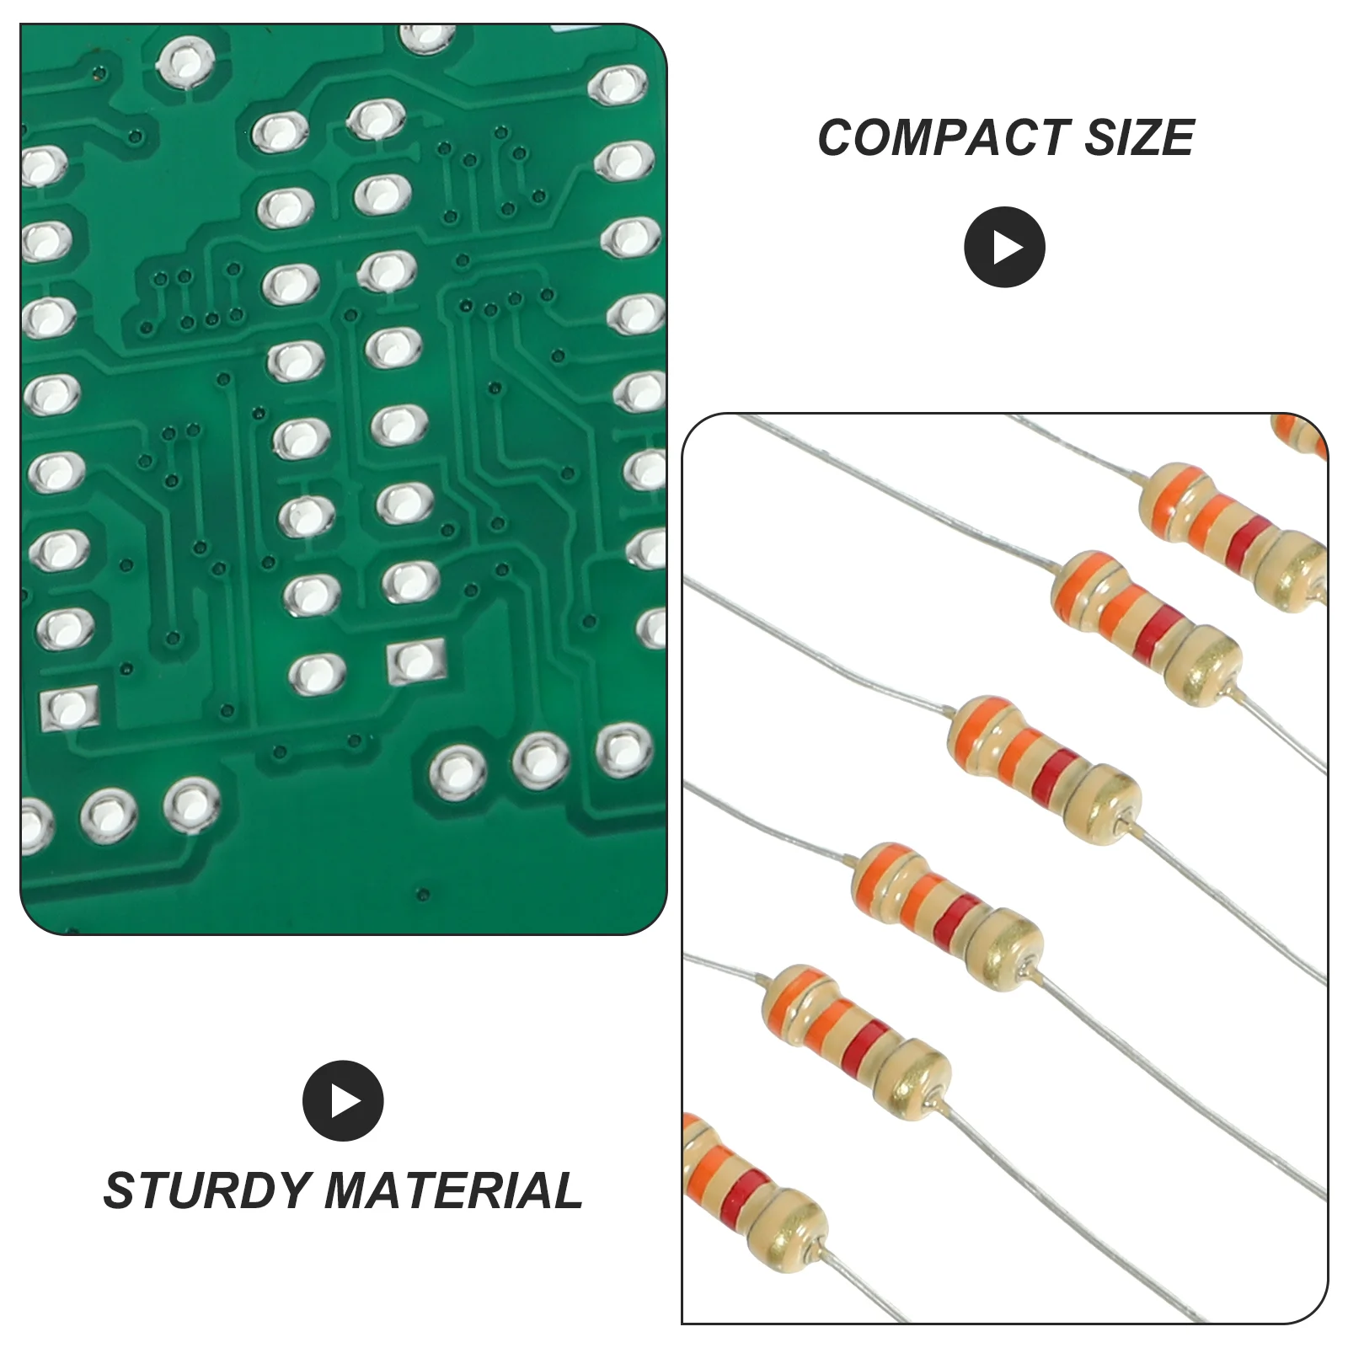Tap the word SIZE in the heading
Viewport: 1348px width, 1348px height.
pyautogui.click(x=1139, y=137)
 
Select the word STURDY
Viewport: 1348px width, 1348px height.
pyautogui.click(x=206, y=1190)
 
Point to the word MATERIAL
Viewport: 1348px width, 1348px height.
pyautogui.click(x=453, y=1190)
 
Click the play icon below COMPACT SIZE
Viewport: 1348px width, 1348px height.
pyautogui.click(x=1004, y=247)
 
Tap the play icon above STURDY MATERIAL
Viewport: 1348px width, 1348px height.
pyautogui.click(x=343, y=1101)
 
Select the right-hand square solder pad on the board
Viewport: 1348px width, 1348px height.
pyautogui.click(x=415, y=662)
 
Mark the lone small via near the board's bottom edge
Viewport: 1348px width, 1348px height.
pyautogui.click(x=424, y=895)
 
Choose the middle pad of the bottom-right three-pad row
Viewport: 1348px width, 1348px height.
pyautogui.click(x=540, y=759)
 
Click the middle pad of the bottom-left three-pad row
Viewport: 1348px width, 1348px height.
pyautogui.click(x=109, y=813)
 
